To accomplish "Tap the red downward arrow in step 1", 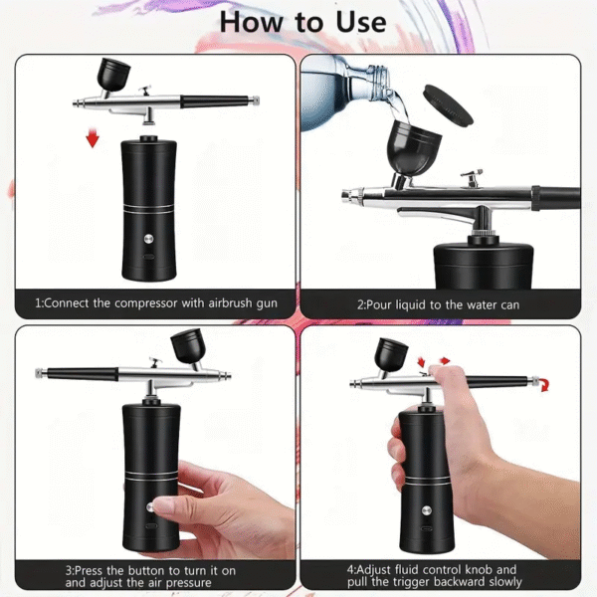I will click(x=93, y=137).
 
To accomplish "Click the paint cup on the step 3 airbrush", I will click(x=187, y=346).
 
